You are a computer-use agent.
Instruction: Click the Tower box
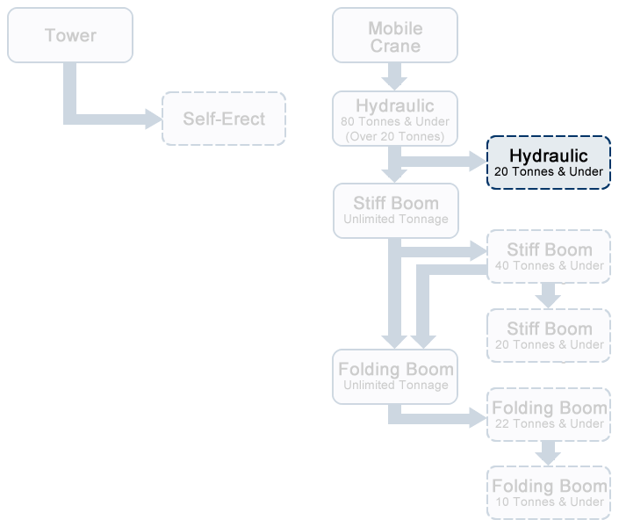point(70,35)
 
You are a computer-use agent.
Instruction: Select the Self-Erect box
point(224,119)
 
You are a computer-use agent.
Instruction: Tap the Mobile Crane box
point(395,35)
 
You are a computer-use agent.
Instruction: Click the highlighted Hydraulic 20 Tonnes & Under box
point(549,162)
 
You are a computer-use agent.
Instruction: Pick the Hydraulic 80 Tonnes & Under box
point(395,119)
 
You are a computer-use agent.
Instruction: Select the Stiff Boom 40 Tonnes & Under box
point(549,256)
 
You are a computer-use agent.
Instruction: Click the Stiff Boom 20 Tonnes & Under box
point(549,336)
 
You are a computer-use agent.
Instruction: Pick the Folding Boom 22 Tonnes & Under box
point(549,415)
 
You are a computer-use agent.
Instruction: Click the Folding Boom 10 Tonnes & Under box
point(549,494)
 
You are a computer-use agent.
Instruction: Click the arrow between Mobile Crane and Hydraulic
point(395,76)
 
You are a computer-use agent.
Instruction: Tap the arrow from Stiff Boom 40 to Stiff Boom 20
point(549,295)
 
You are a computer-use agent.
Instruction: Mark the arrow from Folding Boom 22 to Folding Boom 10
point(549,453)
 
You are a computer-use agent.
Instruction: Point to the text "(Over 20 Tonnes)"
point(395,136)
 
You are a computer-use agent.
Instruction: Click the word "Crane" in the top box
point(395,46)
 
